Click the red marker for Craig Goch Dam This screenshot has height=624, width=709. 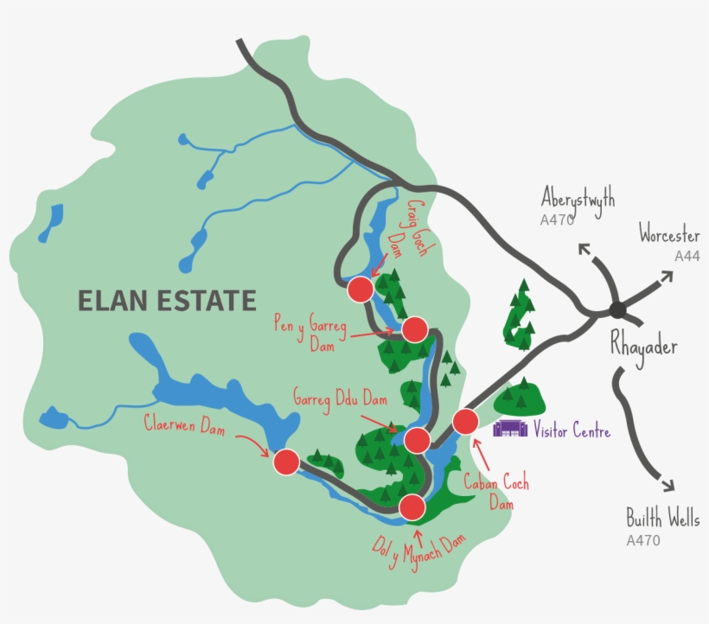coord(360,290)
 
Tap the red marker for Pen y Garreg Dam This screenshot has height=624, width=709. coord(415,329)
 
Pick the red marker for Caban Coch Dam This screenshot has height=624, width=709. coord(465,421)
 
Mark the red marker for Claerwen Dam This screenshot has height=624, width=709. coord(286,462)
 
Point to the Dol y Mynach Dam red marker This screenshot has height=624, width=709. coord(412,506)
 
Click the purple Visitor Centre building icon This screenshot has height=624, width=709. coord(510,428)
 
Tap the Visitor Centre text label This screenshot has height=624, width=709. coord(572,430)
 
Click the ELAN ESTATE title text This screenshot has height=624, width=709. coord(167,301)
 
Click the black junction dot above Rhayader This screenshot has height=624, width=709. coord(617,309)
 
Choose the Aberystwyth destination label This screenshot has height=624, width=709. coord(578,199)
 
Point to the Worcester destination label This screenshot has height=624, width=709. coord(669,234)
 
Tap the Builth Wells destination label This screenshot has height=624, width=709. coord(662,519)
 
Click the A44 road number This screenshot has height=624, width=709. coord(687,256)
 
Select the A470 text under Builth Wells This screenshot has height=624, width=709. coord(643,541)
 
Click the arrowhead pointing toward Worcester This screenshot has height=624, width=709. coord(667,277)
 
